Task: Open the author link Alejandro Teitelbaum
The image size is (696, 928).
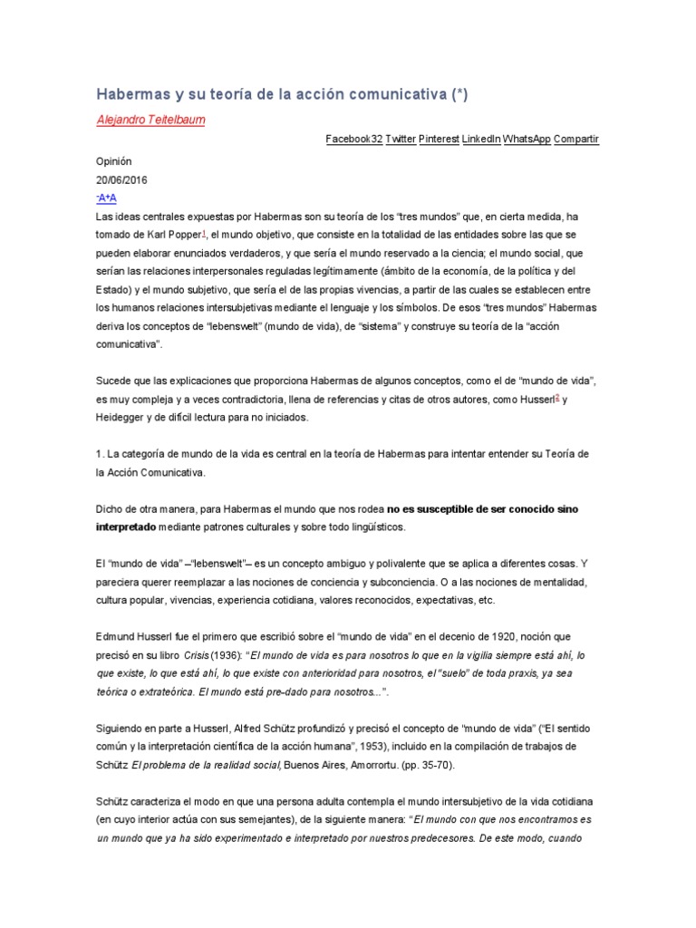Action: pos(150,121)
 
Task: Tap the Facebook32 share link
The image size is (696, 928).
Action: pos(354,139)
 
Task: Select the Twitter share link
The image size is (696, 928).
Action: pos(401,139)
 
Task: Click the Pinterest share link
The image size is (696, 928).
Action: pos(439,139)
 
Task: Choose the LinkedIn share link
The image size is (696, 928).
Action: pos(481,139)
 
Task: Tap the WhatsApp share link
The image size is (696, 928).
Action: pos(526,139)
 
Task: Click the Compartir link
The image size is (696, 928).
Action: pos(575,139)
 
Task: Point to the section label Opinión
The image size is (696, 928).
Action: pos(114,159)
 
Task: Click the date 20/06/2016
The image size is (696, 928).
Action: pos(121,179)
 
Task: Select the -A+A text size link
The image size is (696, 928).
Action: pos(106,198)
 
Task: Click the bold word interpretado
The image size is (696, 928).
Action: pos(126,527)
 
